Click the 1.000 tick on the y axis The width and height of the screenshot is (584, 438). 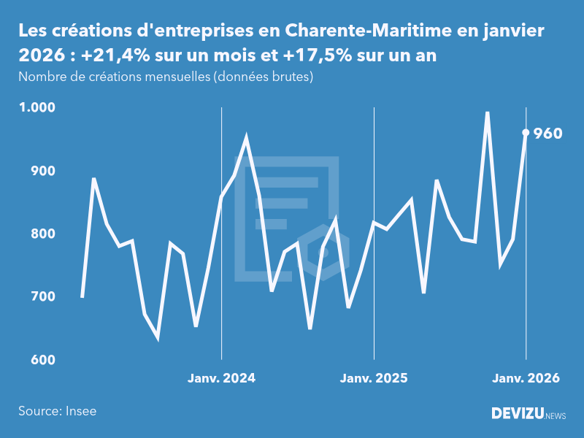37,107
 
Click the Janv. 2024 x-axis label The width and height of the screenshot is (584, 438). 221,378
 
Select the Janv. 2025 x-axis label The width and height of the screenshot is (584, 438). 374,378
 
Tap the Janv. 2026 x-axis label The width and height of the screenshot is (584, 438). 526,378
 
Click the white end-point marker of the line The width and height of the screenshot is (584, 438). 526,132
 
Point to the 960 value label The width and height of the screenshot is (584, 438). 548,134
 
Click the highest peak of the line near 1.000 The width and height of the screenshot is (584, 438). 487,113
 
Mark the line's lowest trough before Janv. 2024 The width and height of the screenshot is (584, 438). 158,337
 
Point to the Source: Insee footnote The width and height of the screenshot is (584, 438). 58,411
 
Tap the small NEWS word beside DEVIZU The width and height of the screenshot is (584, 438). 555,416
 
